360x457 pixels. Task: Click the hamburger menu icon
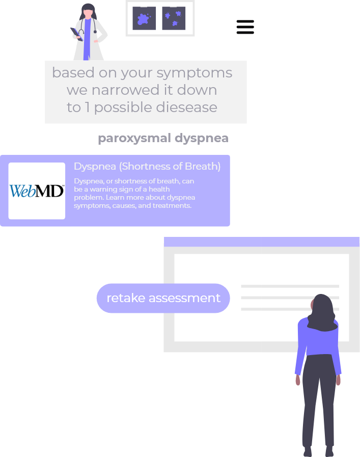(245, 27)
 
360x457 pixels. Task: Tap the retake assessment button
(163, 298)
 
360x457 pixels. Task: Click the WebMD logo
(37, 191)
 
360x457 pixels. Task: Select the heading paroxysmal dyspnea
(163, 138)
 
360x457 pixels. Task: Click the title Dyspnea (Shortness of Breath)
(147, 166)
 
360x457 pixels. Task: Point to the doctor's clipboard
(76, 34)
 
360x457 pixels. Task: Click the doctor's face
(88, 14)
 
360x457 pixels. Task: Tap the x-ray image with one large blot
(144, 18)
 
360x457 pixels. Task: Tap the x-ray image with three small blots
(174, 18)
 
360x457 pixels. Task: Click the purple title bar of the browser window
(262, 242)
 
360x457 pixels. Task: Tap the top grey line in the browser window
(290, 286)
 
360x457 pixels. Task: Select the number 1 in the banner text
(87, 107)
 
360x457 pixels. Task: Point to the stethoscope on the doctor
(88, 25)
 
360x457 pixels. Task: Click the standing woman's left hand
(298, 380)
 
